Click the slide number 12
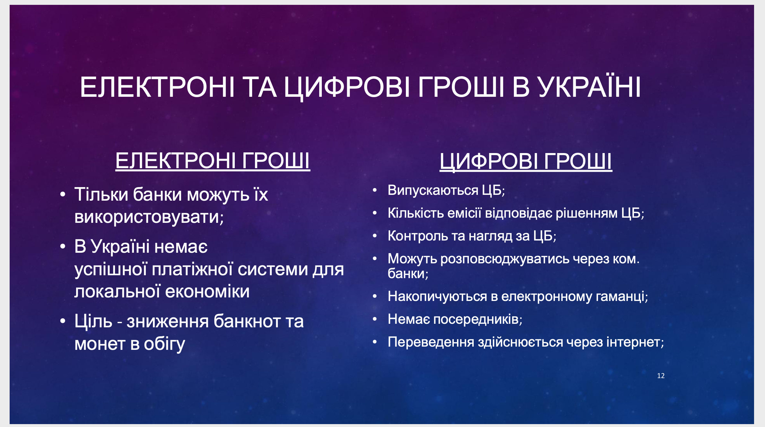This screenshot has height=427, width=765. [x=661, y=376]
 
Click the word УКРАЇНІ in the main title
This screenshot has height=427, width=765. [x=590, y=87]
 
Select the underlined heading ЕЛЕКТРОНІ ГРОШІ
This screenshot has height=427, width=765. [x=213, y=160]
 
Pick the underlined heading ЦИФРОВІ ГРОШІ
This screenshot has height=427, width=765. [x=526, y=161]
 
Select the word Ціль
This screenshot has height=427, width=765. [x=93, y=321]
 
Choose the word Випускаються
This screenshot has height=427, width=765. [x=433, y=190]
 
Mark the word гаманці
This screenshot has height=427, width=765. [x=622, y=296]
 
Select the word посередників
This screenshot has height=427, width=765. [x=478, y=319]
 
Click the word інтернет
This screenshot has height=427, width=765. [x=635, y=342]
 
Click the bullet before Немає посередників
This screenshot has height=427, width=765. [x=374, y=319]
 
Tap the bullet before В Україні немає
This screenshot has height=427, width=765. [x=63, y=247]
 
